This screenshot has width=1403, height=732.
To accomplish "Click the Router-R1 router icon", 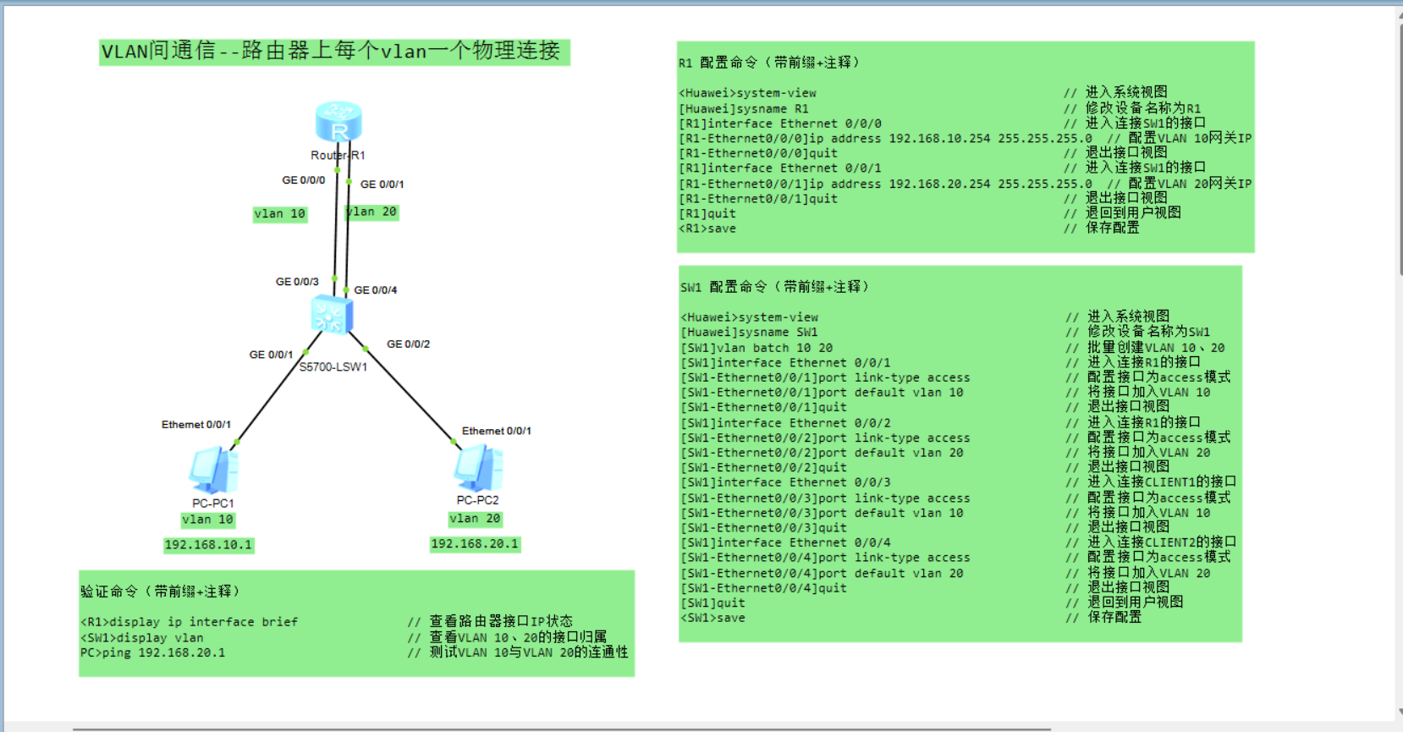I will coord(338,122).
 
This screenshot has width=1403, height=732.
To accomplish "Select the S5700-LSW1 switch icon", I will coord(332,316).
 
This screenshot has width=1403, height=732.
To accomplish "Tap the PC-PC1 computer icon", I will coord(214,471).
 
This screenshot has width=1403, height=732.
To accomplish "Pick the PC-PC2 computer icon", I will coord(479,468).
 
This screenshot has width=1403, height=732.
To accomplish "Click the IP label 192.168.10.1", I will coord(208,545).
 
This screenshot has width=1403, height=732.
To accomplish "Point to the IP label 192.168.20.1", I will coord(475,544).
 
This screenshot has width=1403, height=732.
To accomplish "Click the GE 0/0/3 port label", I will coord(297,282).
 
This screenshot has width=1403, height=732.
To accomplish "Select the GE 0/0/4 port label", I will coord(375,290).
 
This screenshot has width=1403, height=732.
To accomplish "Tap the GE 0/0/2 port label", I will coord(408,344).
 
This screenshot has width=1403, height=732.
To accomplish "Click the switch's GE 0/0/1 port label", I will coord(271,355).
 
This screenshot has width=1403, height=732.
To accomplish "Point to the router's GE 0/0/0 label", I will coord(303,180).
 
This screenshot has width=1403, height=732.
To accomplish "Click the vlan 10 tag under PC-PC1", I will coord(207,520).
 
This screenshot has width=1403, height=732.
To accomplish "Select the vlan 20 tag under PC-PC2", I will coord(475,519).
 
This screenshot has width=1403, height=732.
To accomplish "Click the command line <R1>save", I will coord(707,229).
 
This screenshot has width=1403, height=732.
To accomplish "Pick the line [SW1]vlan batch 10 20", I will coord(757,348).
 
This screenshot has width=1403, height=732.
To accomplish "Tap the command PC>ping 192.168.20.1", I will coord(152,652).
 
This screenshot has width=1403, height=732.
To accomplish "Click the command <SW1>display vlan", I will coord(142,638).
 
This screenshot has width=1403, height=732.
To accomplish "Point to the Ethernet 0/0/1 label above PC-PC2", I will coord(496,431).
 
